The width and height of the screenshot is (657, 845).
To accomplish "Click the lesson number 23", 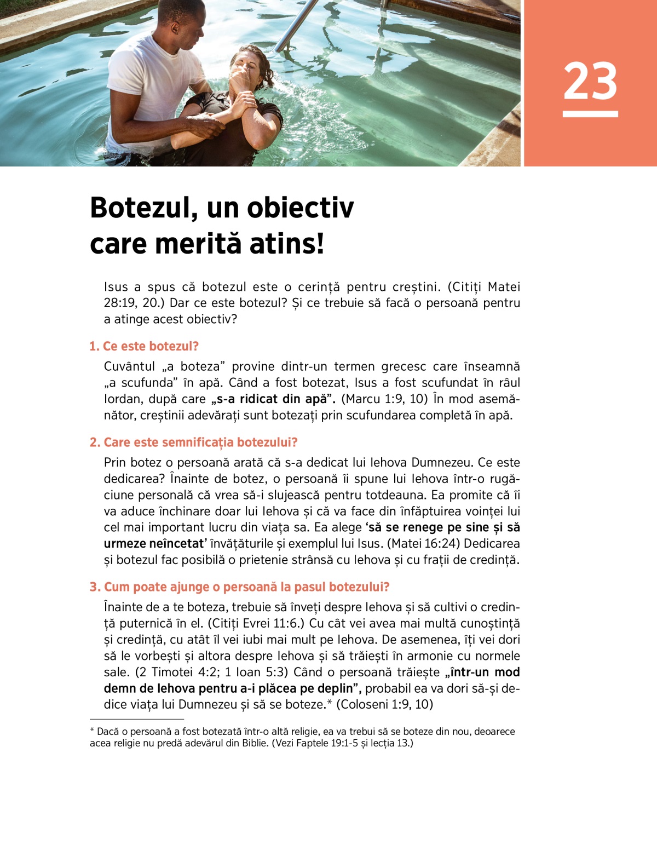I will coord(590,81).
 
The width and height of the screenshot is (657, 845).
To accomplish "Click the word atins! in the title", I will coord(287,244).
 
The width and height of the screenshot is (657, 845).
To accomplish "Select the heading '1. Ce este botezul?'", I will coord(144,346).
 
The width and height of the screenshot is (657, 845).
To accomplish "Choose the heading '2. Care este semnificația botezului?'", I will coord(193,442).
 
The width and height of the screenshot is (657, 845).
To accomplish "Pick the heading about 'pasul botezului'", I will coord(239,587).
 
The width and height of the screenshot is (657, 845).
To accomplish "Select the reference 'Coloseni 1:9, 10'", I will coord(385,704).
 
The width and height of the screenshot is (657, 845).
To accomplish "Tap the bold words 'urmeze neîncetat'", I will coord(155,544).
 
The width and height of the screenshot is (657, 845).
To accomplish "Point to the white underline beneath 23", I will coord(590,114).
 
